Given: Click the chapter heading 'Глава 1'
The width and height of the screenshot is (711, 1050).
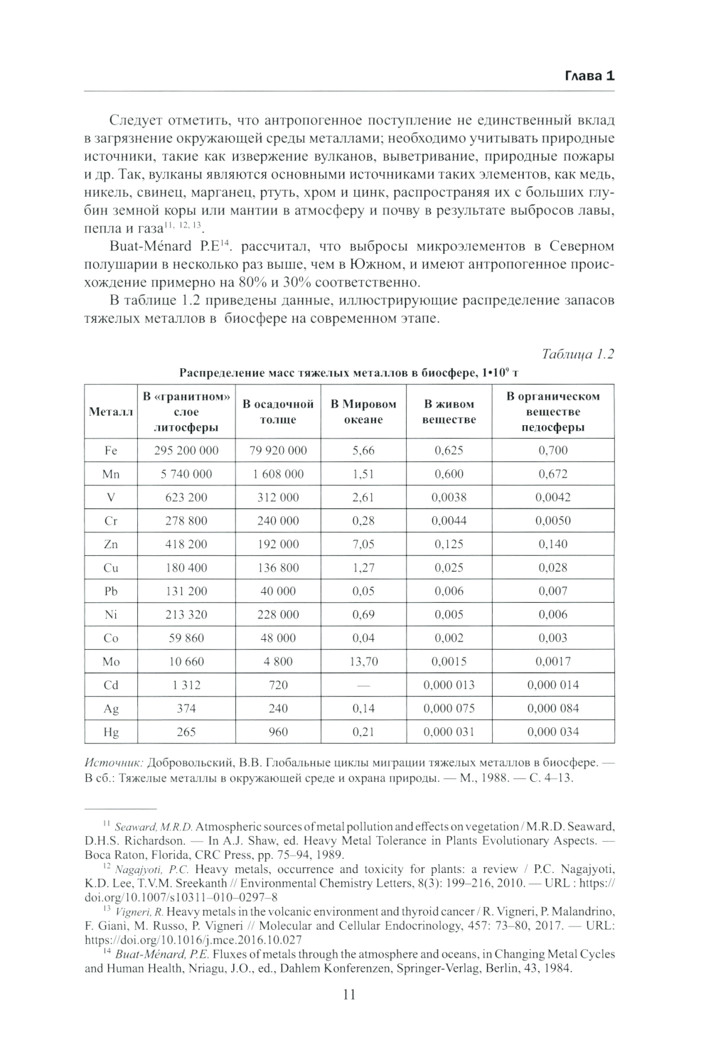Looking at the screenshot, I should (589, 77).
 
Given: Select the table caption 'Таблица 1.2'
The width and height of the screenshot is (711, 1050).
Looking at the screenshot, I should (577, 354).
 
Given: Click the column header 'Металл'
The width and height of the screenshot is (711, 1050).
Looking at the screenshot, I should (111, 412).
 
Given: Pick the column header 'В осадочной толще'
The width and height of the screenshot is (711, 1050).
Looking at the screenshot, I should (278, 412).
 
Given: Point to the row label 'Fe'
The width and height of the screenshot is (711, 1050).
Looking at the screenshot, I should (111, 450).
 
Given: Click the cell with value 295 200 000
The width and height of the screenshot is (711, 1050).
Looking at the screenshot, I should (186, 450).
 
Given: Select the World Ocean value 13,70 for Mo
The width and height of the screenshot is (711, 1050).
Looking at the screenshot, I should (363, 661).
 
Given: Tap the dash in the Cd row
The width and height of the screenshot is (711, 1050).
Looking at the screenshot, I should (363, 685).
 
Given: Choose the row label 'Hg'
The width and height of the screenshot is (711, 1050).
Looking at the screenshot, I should (111, 732).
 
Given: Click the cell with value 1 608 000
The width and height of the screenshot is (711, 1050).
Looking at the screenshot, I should (278, 473).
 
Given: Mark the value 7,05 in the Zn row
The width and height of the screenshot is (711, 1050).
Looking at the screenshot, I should (363, 544).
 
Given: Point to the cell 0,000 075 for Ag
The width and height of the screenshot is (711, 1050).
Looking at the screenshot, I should (449, 708).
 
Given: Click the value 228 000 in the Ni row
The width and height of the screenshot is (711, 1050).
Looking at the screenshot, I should (278, 614).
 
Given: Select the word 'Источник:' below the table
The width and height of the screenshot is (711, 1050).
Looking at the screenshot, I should (114, 762).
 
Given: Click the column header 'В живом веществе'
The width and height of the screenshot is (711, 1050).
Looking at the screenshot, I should (449, 412).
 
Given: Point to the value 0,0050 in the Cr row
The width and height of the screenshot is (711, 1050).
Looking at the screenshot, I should (554, 520).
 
